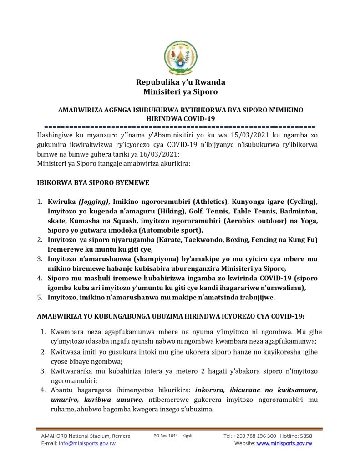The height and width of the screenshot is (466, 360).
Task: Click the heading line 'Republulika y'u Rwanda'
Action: coord(181,82)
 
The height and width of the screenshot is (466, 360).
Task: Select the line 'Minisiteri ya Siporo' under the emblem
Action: coord(181,92)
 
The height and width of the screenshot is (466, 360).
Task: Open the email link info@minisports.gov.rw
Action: coord(87,443)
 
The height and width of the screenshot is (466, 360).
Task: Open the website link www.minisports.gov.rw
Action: coord(284,443)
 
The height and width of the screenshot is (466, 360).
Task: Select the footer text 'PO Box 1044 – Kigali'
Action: coord(173,436)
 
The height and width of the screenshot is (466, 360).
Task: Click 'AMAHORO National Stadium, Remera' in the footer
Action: coord(86,436)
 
